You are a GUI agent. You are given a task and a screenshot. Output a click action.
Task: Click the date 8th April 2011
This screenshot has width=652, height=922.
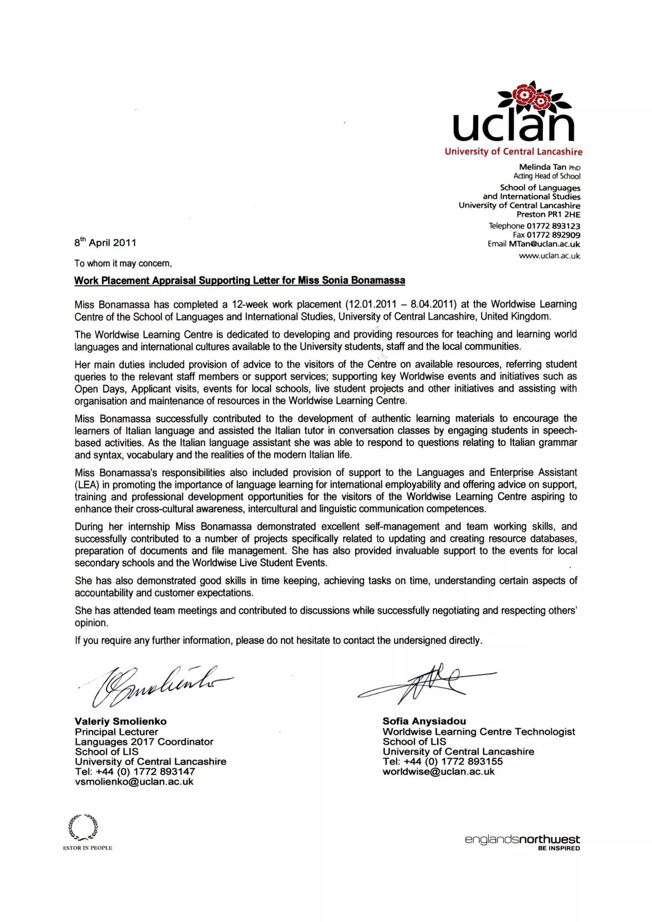[105, 243]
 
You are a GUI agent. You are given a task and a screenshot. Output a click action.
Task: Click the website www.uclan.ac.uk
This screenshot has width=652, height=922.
[549, 256]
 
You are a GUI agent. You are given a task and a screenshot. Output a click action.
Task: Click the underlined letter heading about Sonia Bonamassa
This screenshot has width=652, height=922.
[240, 280]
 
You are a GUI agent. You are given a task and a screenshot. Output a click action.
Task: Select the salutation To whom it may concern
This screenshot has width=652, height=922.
[123, 263]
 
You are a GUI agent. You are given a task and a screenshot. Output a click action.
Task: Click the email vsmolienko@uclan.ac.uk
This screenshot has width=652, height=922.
[134, 782]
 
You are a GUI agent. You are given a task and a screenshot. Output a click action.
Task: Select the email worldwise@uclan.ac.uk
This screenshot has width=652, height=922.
[438, 771]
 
